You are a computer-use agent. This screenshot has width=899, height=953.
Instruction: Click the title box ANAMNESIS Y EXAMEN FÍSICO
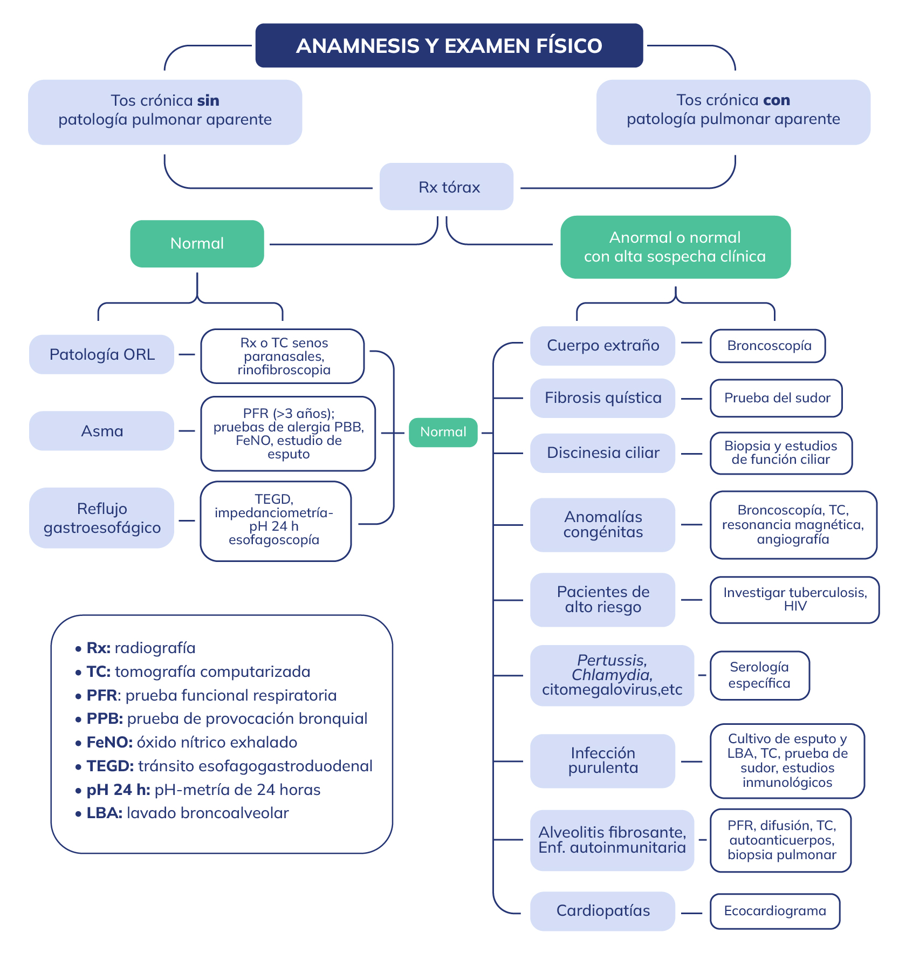tap(449, 45)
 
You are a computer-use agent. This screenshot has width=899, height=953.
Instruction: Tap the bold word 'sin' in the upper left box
tap(208, 101)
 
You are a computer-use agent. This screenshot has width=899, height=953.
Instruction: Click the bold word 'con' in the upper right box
tap(777, 100)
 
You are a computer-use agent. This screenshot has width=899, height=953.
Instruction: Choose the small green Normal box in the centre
tap(443, 432)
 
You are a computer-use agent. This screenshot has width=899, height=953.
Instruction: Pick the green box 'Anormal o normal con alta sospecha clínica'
tap(675, 247)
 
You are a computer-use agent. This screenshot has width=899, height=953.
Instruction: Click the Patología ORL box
tap(101, 354)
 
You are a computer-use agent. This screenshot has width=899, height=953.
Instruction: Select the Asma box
tap(101, 431)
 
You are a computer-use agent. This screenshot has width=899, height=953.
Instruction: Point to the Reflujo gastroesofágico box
tap(101, 518)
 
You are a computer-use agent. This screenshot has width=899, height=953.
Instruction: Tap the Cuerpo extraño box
tap(602, 346)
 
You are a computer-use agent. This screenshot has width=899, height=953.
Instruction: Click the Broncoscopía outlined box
tap(768, 346)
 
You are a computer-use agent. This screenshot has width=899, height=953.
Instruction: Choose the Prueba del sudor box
tap(776, 398)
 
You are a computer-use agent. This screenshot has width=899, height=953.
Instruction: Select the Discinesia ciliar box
tap(602, 453)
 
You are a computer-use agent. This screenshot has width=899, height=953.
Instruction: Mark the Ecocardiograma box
tap(775, 911)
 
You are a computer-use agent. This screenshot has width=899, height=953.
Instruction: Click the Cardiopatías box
tap(602, 911)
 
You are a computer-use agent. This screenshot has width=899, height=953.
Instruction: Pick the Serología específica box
tap(759, 675)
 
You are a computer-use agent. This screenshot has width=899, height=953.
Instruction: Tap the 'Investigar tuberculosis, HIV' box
tap(794, 600)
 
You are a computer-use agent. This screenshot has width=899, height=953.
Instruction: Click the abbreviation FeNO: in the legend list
tap(109, 743)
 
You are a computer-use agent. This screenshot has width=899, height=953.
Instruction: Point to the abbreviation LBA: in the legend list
tap(105, 813)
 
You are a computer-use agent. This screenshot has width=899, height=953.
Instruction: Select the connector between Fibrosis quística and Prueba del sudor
tap(692, 399)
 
